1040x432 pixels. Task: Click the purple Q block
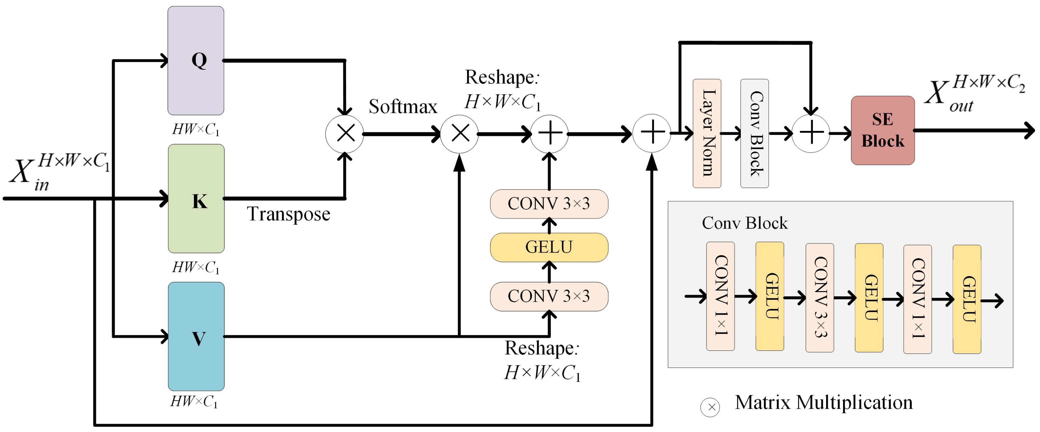click(x=196, y=60)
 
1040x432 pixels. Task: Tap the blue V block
click(x=196, y=336)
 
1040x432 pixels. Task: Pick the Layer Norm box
click(x=707, y=133)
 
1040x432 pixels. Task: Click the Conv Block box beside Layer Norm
click(x=754, y=133)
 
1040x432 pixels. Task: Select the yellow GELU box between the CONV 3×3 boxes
click(x=549, y=247)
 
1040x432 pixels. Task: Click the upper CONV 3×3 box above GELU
click(x=549, y=204)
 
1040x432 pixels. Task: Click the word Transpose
click(x=288, y=214)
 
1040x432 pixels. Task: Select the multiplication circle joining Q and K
click(x=345, y=133)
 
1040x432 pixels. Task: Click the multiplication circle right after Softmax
click(x=459, y=133)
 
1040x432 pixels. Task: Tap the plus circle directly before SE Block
click(x=811, y=133)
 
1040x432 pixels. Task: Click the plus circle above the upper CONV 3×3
click(x=549, y=133)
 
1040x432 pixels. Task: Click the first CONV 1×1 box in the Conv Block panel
click(x=720, y=296)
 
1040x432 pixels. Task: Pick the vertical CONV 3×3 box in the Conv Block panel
click(x=820, y=298)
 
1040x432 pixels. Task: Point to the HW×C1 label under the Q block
click(x=196, y=130)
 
